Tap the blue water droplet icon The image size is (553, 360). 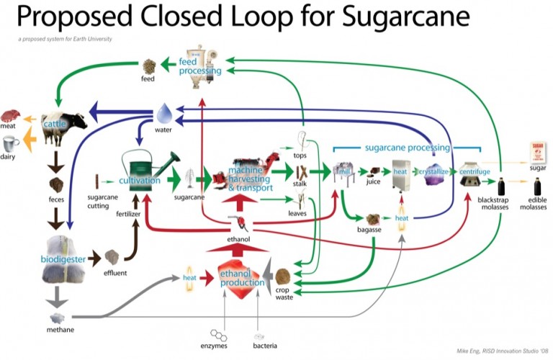coord(164,113)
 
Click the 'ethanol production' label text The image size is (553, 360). coord(242,278)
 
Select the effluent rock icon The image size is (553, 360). coord(112,257)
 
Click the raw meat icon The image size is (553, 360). coord(11,116)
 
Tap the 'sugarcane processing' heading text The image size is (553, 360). coord(408,147)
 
